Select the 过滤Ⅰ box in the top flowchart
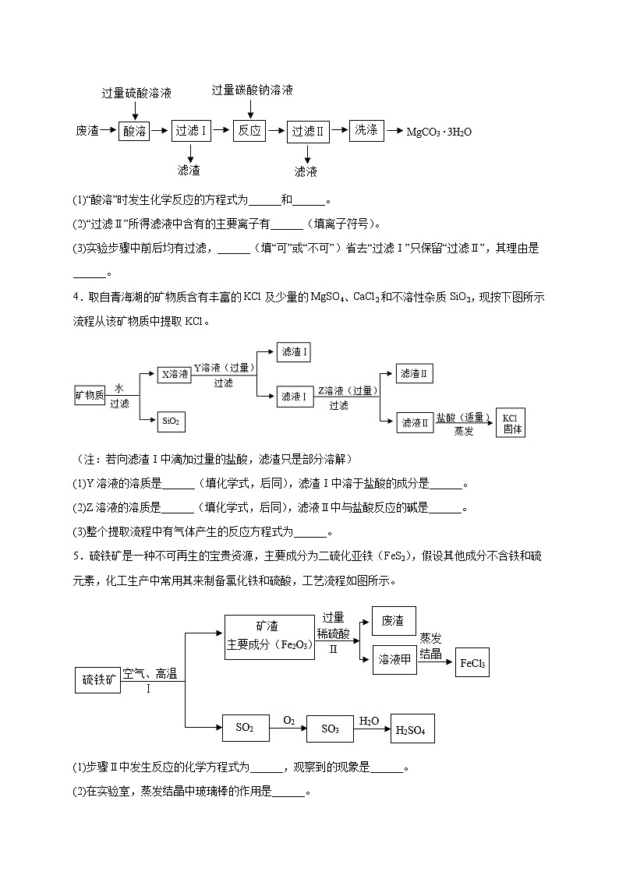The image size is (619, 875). (191, 131)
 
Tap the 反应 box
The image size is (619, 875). (249, 130)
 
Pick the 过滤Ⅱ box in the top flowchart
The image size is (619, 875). (308, 132)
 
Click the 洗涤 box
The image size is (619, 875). (366, 130)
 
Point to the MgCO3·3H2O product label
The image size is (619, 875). (439, 132)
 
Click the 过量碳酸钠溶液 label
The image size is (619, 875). (253, 90)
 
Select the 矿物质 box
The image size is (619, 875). (90, 395)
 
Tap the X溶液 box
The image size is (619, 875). (175, 375)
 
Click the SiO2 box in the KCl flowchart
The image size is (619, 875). (171, 422)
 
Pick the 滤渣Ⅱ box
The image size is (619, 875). (415, 375)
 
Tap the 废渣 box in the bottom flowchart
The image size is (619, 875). (394, 621)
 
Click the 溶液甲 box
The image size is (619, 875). (394, 659)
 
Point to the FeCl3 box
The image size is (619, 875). (472, 664)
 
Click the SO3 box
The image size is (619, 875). (330, 729)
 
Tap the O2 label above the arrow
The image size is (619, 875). (289, 720)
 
